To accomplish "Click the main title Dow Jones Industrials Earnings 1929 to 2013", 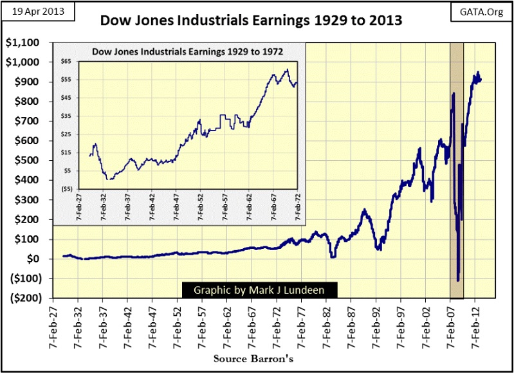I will (252, 21).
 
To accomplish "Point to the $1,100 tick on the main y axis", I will (23, 42).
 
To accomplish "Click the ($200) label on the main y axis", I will (23, 298).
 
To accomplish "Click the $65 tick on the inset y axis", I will (66, 62).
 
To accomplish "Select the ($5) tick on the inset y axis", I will (66, 189).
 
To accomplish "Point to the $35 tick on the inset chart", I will (66, 116).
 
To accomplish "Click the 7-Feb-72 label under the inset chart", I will (297, 208).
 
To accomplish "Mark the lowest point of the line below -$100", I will (458, 280).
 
